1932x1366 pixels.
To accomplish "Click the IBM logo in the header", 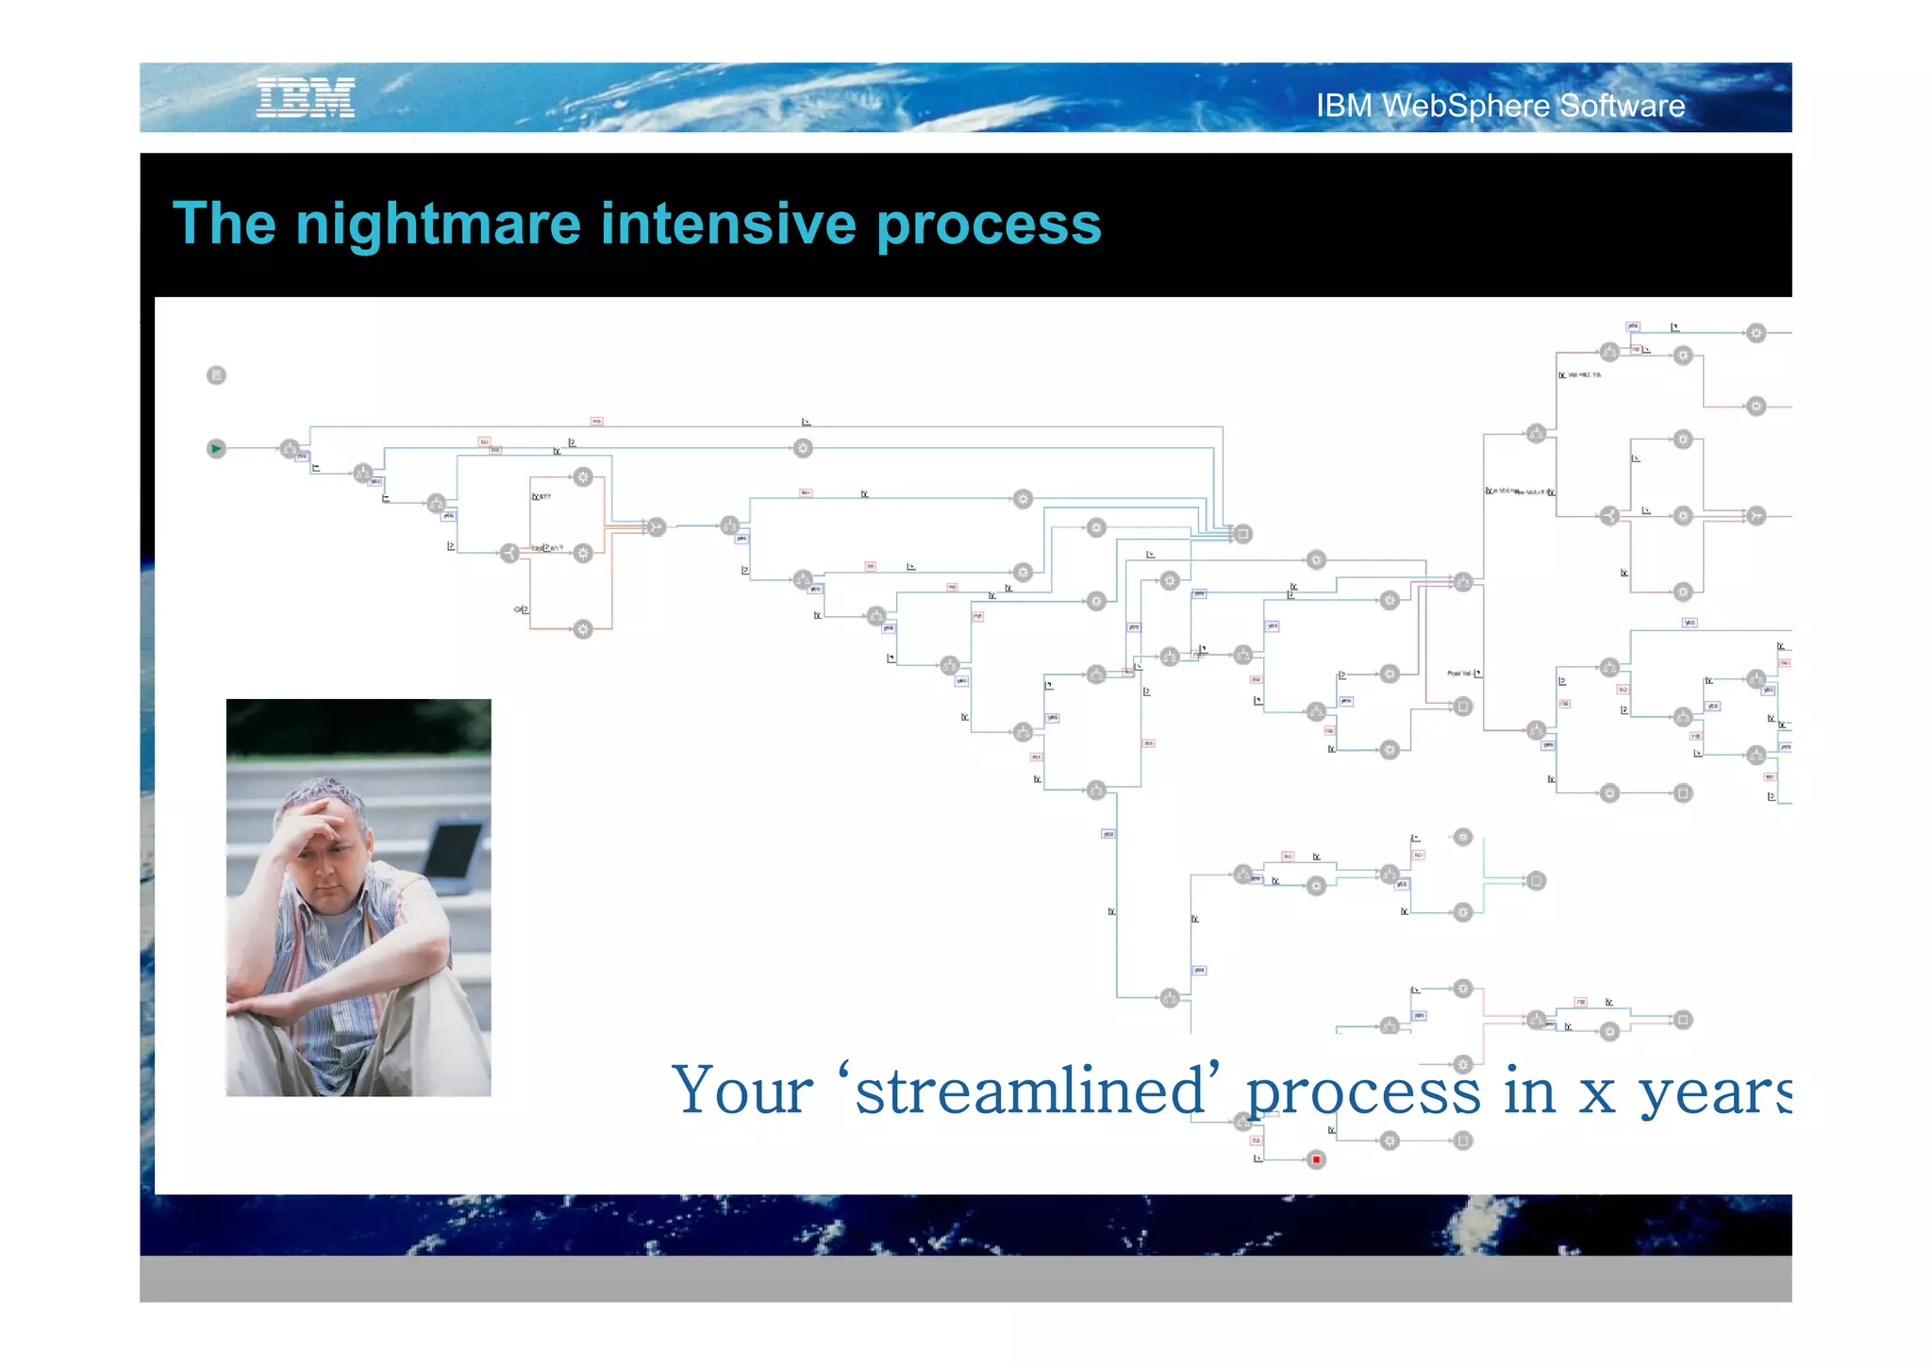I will [x=306, y=97].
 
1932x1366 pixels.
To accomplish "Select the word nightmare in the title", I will [x=437, y=224].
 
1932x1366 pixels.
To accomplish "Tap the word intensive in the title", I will [x=727, y=224].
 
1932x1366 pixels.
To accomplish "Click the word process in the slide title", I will [x=988, y=224].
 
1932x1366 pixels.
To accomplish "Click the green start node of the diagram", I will [x=216, y=448].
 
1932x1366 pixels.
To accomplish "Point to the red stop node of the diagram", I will [x=1316, y=1159].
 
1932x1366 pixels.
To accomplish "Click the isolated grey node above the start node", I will [x=216, y=375].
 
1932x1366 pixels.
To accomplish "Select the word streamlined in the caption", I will [x=1030, y=1091].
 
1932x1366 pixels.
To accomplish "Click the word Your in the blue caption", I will [x=742, y=1091].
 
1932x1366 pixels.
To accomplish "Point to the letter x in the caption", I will [x=1597, y=1094].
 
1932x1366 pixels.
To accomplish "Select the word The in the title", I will [x=225, y=224].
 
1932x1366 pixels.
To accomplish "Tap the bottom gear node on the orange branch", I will [x=583, y=629].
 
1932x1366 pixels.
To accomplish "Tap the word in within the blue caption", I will [x=1528, y=1091].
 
